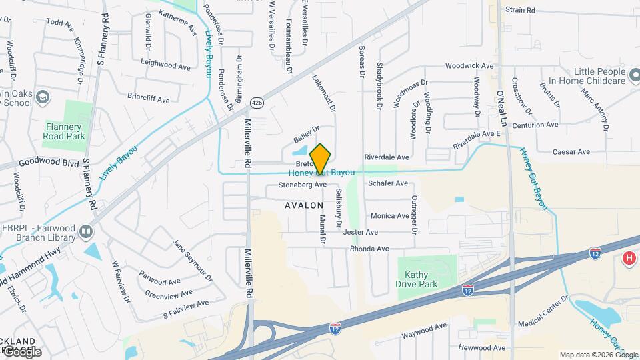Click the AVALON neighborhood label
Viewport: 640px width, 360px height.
coord(304,205)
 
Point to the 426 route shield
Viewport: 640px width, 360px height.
coord(256,102)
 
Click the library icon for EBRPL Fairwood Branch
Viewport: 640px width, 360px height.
coord(85,231)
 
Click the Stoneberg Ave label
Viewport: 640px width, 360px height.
coord(302,184)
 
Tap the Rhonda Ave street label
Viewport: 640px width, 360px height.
coord(369,249)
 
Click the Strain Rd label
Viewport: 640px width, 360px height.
coord(520,10)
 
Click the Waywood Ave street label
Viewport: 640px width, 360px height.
coord(423,327)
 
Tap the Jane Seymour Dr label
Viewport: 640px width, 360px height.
coord(193,260)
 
